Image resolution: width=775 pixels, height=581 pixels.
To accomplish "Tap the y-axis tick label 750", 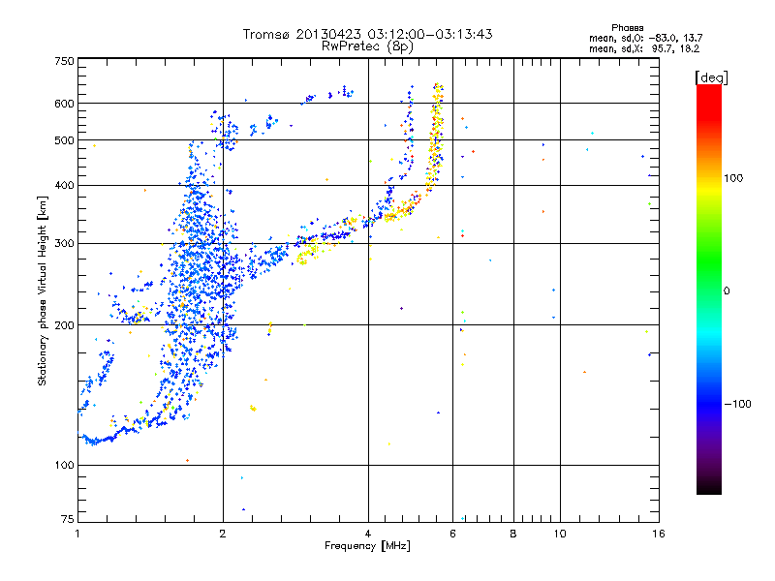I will tap(64, 60).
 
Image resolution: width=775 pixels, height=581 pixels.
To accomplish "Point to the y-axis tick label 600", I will tap(64, 104).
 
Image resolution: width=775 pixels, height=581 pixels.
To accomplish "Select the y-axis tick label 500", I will tap(64, 140).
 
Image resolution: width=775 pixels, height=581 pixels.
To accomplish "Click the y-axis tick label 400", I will tap(64, 185).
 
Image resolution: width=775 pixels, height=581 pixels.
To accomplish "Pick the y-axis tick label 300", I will tap(64, 243).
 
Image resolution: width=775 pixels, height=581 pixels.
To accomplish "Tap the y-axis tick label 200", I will tap(64, 325).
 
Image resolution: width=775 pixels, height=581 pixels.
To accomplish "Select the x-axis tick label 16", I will tap(657, 534).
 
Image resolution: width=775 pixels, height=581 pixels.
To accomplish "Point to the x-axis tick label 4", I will tap(368, 534).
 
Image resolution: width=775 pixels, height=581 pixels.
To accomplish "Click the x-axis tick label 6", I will tap(452, 534).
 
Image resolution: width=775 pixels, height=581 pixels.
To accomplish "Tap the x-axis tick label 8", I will tap(513, 534).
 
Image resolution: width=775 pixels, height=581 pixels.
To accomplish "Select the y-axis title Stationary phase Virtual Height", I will tap(43, 290).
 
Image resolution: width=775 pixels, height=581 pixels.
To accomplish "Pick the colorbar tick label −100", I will tap(740, 404).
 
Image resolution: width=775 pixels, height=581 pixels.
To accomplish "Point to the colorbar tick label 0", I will tap(728, 290).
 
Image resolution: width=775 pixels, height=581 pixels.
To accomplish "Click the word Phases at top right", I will tap(629, 27).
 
